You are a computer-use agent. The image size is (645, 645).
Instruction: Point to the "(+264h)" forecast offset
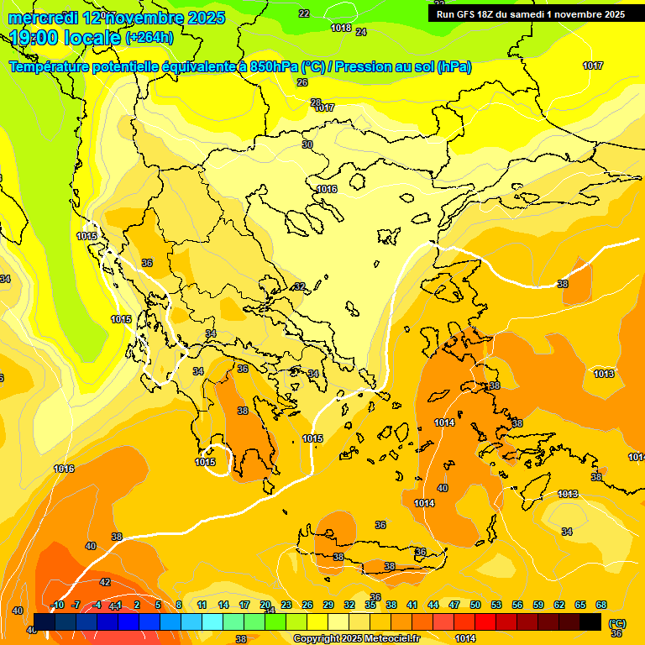tap(150, 38)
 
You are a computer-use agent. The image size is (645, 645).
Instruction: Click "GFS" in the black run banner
tap(473, 14)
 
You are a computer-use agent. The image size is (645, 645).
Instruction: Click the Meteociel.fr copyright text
tap(356, 638)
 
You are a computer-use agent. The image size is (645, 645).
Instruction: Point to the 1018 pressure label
tap(341, 28)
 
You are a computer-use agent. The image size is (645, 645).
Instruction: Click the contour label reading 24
tap(361, 32)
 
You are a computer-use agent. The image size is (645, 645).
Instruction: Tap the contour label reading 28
tap(316, 102)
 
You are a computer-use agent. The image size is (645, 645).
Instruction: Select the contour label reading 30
tap(307, 144)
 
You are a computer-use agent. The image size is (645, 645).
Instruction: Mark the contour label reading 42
tap(105, 582)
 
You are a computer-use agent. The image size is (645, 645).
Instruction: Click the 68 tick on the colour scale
tap(601, 605)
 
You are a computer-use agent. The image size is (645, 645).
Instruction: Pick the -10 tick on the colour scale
tap(57, 605)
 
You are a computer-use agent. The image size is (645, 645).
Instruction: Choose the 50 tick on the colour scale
tap(475, 605)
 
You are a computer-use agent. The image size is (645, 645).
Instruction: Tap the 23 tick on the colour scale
tap(286, 605)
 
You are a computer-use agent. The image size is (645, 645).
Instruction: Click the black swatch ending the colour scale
tap(590, 621)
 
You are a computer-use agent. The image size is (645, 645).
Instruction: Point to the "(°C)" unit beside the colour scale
tap(616, 622)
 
